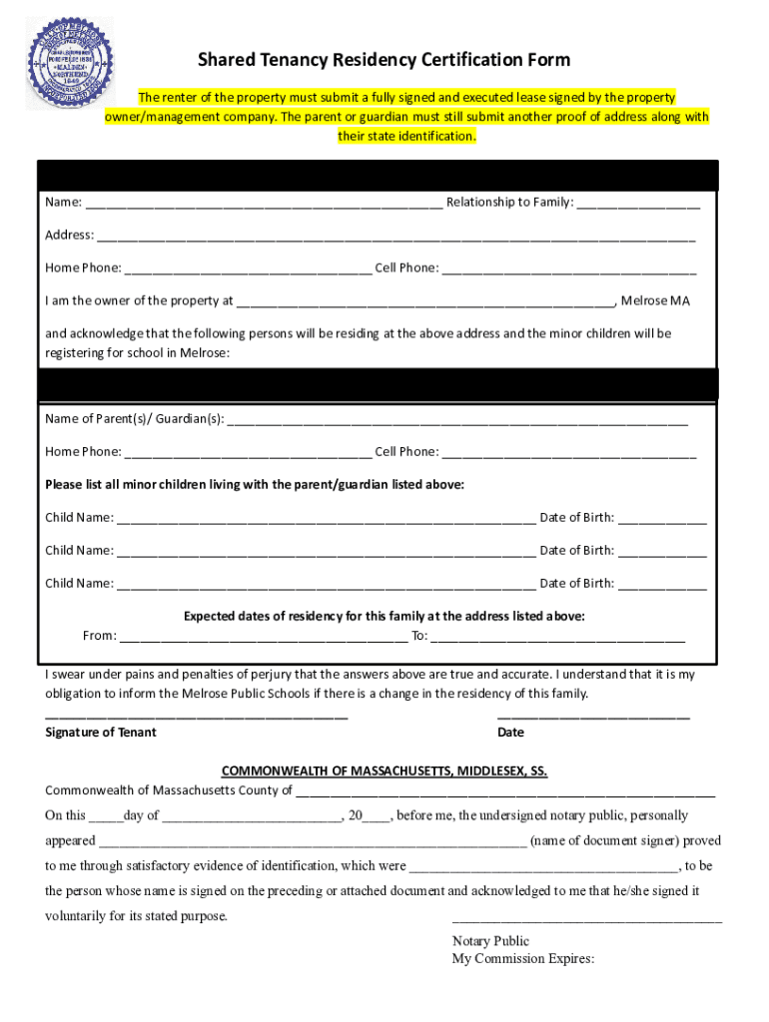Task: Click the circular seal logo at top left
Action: tap(69, 62)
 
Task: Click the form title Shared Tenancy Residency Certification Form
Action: tap(384, 60)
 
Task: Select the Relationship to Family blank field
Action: tap(638, 204)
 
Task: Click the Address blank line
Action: tap(395, 237)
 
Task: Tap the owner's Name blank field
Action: tap(264, 204)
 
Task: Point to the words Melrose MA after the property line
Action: tap(655, 300)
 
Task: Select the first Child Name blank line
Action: tap(326, 518)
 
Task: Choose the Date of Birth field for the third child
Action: tap(662, 584)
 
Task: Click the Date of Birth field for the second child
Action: tap(662, 551)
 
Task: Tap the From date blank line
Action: tap(263, 637)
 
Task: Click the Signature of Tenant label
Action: tap(101, 733)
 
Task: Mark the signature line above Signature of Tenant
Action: tap(197, 716)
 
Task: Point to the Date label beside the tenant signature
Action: tap(510, 733)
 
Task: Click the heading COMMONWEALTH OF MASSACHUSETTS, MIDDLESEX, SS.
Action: tap(384, 771)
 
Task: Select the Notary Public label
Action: tap(490, 941)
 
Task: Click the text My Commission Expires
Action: tap(522, 959)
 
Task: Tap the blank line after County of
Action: tap(505, 792)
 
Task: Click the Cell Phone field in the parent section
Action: tap(568, 452)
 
